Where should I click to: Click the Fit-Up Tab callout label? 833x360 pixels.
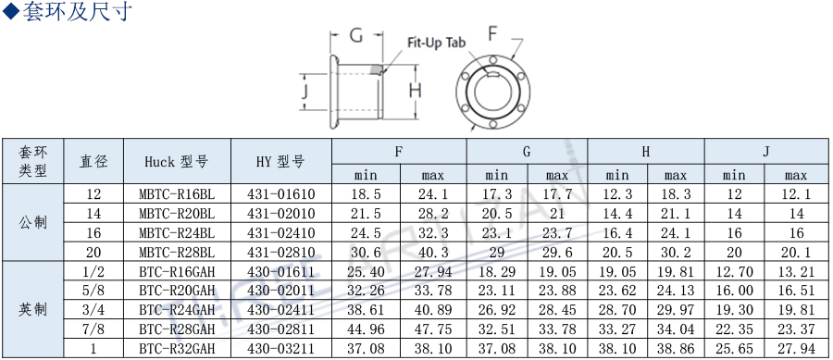click(436, 43)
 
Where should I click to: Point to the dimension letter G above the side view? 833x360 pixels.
click(356, 35)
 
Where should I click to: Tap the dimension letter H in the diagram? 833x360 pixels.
click(415, 91)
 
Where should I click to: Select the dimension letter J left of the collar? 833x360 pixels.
click(305, 92)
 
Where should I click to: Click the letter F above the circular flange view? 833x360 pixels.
click(492, 34)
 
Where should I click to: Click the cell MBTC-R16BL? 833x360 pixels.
click(177, 194)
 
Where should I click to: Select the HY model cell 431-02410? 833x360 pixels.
click(281, 232)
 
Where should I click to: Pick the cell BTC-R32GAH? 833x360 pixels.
click(177, 348)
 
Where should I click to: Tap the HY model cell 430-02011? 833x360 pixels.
click(281, 291)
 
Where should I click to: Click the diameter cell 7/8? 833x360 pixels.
click(93, 329)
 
